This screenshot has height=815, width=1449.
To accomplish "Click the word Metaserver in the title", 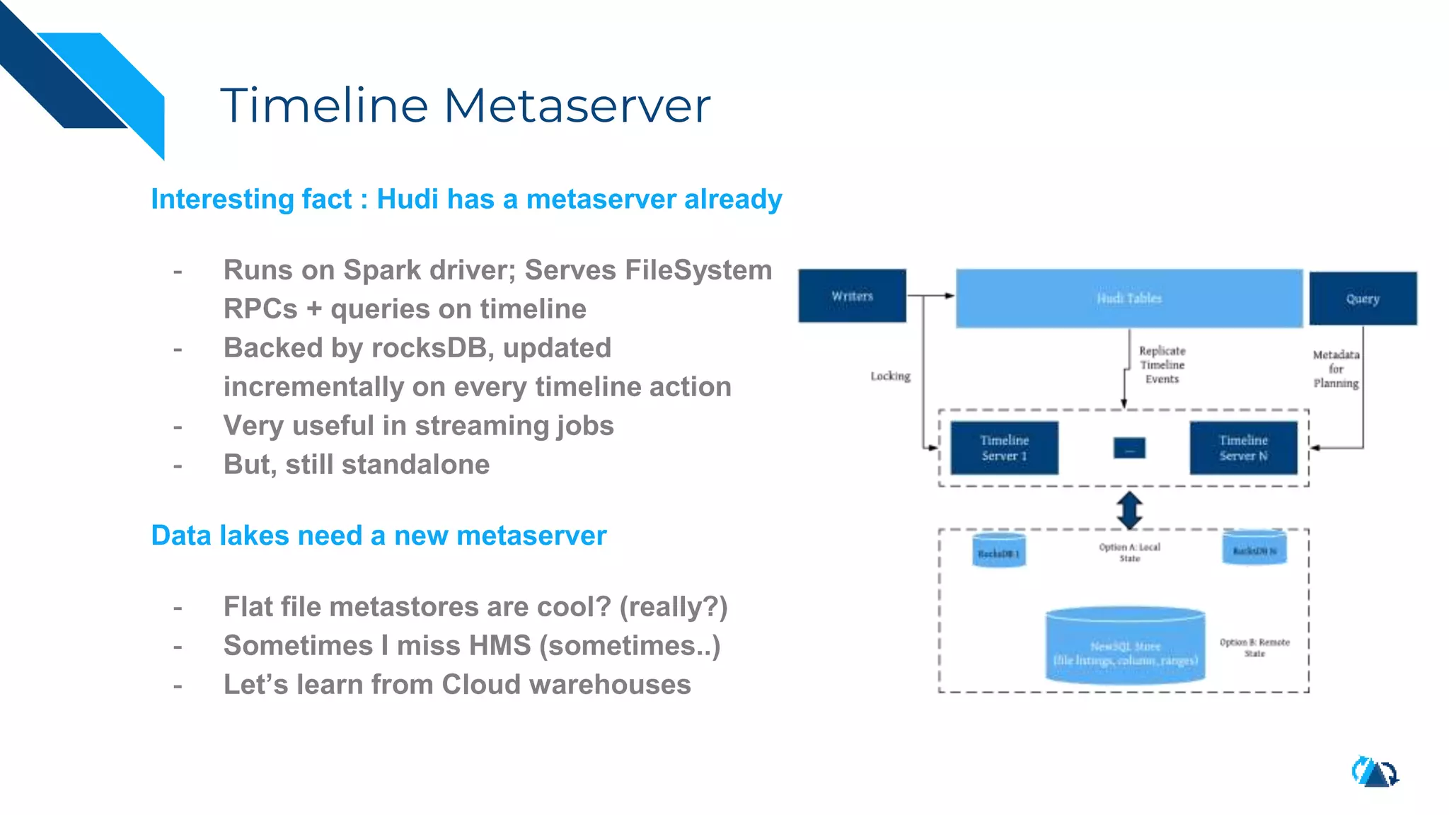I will click(576, 106).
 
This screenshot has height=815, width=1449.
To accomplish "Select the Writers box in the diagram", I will click(852, 296).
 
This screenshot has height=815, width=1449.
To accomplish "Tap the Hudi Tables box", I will click(1128, 298).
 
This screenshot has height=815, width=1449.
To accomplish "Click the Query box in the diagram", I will click(1363, 299).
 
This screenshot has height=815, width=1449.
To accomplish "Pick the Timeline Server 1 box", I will click(1004, 448).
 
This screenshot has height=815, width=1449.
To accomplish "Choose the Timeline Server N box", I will click(1243, 448).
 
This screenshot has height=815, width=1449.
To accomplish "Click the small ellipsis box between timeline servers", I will click(1129, 448).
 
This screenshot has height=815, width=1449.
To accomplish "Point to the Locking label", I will click(890, 376).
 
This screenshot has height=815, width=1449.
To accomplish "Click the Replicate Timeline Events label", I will click(1162, 365).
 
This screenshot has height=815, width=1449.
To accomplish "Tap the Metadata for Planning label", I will click(1336, 369).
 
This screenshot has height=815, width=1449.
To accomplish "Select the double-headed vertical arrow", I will click(1129, 510).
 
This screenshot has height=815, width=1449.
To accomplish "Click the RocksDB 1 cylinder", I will click(998, 552).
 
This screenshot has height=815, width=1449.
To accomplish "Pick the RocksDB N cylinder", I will click(1254, 549).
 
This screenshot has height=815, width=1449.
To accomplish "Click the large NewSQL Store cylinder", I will click(1125, 646).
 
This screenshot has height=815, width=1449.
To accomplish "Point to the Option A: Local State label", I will click(1129, 552).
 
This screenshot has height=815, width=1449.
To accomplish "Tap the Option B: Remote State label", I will click(1254, 647).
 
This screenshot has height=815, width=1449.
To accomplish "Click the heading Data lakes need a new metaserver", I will click(379, 536).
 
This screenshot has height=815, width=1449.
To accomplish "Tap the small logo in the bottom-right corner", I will click(1375, 772).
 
